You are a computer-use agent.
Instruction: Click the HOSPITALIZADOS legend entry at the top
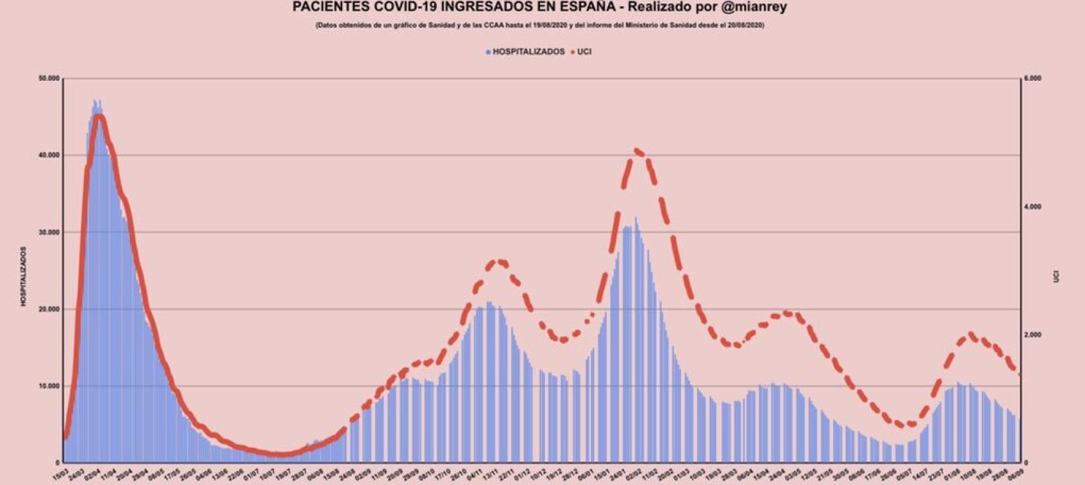pos(529,52)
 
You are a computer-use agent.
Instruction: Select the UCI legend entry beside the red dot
pos(584,52)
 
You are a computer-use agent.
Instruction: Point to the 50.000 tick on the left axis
pos(49,78)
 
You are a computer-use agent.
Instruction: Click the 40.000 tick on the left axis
pos(49,155)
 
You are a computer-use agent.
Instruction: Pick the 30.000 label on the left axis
pos(49,232)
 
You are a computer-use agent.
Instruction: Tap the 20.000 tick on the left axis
pos(49,309)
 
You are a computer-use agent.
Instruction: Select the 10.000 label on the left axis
pos(49,386)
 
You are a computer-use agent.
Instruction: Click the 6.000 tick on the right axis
pos(1032,78)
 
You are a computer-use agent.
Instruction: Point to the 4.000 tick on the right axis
pos(1032,207)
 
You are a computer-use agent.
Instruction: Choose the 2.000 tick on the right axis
pos(1032,335)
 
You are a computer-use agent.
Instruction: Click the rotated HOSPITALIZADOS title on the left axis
pos(24,276)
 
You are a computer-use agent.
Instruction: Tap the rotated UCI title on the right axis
pos(1056,276)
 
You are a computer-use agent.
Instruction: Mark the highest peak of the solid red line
pos(99,116)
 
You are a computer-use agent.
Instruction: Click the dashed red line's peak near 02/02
pos(639,151)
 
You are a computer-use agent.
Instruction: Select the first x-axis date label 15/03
pos(60,475)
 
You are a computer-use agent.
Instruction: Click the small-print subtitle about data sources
pos(539,25)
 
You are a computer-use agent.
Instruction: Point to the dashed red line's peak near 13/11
pos(500,261)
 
